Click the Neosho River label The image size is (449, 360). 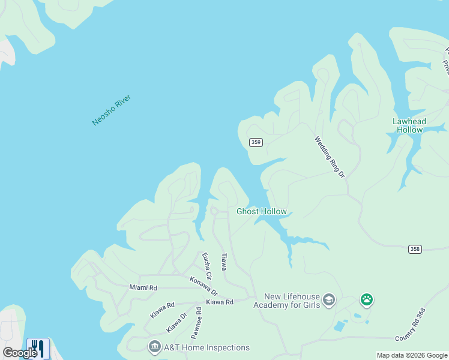(x=111, y=110)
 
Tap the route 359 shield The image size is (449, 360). (x=256, y=142)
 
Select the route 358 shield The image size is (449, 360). (x=415, y=248)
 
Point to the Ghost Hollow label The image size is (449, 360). (x=262, y=211)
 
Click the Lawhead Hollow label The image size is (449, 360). (x=408, y=125)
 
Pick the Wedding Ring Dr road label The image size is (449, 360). (x=330, y=157)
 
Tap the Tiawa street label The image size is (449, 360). (x=223, y=261)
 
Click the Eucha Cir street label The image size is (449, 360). (x=207, y=266)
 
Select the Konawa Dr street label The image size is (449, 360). (x=203, y=286)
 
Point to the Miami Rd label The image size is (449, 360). (x=143, y=288)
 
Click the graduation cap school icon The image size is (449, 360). (x=328, y=299)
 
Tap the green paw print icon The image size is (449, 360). (x=366, y=299)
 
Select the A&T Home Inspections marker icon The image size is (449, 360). (x=154, y=347)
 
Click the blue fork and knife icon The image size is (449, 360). (x=37, y=349)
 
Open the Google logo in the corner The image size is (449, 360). (x=19, y=353)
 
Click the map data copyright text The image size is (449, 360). (x=412, y=355)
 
